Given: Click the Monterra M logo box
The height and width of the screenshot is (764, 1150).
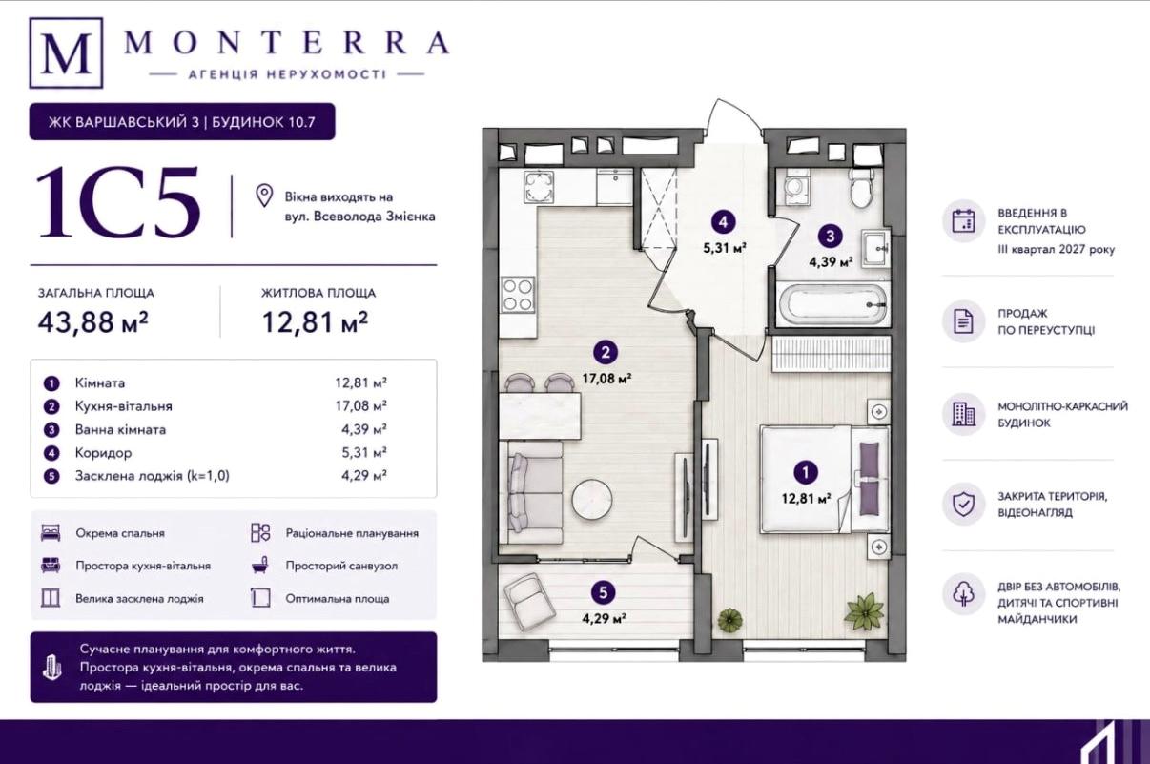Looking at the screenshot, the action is point(66,52).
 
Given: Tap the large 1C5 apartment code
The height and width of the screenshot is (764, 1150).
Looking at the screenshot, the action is point(118,202).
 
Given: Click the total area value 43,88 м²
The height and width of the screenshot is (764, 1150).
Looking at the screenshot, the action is point(92,322).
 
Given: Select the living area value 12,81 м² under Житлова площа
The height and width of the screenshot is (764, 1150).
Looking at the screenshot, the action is point(316,322).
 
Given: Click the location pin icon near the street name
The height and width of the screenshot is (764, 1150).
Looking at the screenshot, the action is point(264,196).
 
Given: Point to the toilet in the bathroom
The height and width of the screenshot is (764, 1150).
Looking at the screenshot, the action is point(861,189).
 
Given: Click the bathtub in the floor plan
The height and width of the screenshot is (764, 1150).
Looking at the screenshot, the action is point(832,303).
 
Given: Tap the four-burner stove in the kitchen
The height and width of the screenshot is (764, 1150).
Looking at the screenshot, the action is point(518,295).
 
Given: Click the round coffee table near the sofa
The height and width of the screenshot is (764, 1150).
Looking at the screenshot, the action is point(592,500).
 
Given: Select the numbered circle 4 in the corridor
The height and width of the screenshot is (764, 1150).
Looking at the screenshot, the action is point(723,222).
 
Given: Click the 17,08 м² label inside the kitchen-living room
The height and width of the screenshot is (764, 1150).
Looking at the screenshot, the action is point(606,379).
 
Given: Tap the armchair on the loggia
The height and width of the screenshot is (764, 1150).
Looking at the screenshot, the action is point(530,601).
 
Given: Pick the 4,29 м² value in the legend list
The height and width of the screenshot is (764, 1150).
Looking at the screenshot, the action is point(364,476).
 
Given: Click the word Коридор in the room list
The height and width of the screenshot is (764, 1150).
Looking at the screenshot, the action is point(103,453).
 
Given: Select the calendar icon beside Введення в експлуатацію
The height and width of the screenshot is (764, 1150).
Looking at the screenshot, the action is point(963,221).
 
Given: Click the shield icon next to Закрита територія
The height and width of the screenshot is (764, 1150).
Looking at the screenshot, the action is point(963,505).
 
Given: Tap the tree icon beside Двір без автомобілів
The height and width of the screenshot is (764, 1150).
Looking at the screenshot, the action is point(963,593).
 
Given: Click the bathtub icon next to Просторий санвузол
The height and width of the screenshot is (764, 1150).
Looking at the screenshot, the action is point(260,566).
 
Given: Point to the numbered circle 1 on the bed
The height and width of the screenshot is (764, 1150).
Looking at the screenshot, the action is point(805,472).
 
